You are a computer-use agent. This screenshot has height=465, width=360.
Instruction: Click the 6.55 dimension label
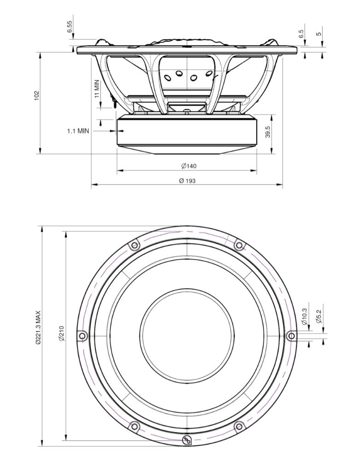coord(70,27)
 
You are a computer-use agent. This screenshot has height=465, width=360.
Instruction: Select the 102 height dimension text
coord(37,95)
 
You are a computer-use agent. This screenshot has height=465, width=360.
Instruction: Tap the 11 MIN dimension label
coord(97,89)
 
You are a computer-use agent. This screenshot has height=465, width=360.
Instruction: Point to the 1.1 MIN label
coord(78,131)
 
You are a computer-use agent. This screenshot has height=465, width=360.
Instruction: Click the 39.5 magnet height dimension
coord(268,131)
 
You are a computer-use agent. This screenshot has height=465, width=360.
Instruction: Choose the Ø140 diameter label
coord(187,166)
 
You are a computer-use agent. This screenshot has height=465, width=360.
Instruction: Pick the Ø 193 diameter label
coord(187,180)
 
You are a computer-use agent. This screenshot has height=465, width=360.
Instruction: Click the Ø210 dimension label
coord(61,333)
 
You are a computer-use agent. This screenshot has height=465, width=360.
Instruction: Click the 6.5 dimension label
coord(301,34)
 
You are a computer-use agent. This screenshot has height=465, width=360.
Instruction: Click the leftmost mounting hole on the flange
coord(83,336)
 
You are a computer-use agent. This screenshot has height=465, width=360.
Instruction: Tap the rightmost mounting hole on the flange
coord(291,336)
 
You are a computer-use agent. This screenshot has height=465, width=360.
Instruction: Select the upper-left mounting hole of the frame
coord(135,245)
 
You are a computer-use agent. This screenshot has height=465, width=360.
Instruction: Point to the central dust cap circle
coord(187,336)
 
